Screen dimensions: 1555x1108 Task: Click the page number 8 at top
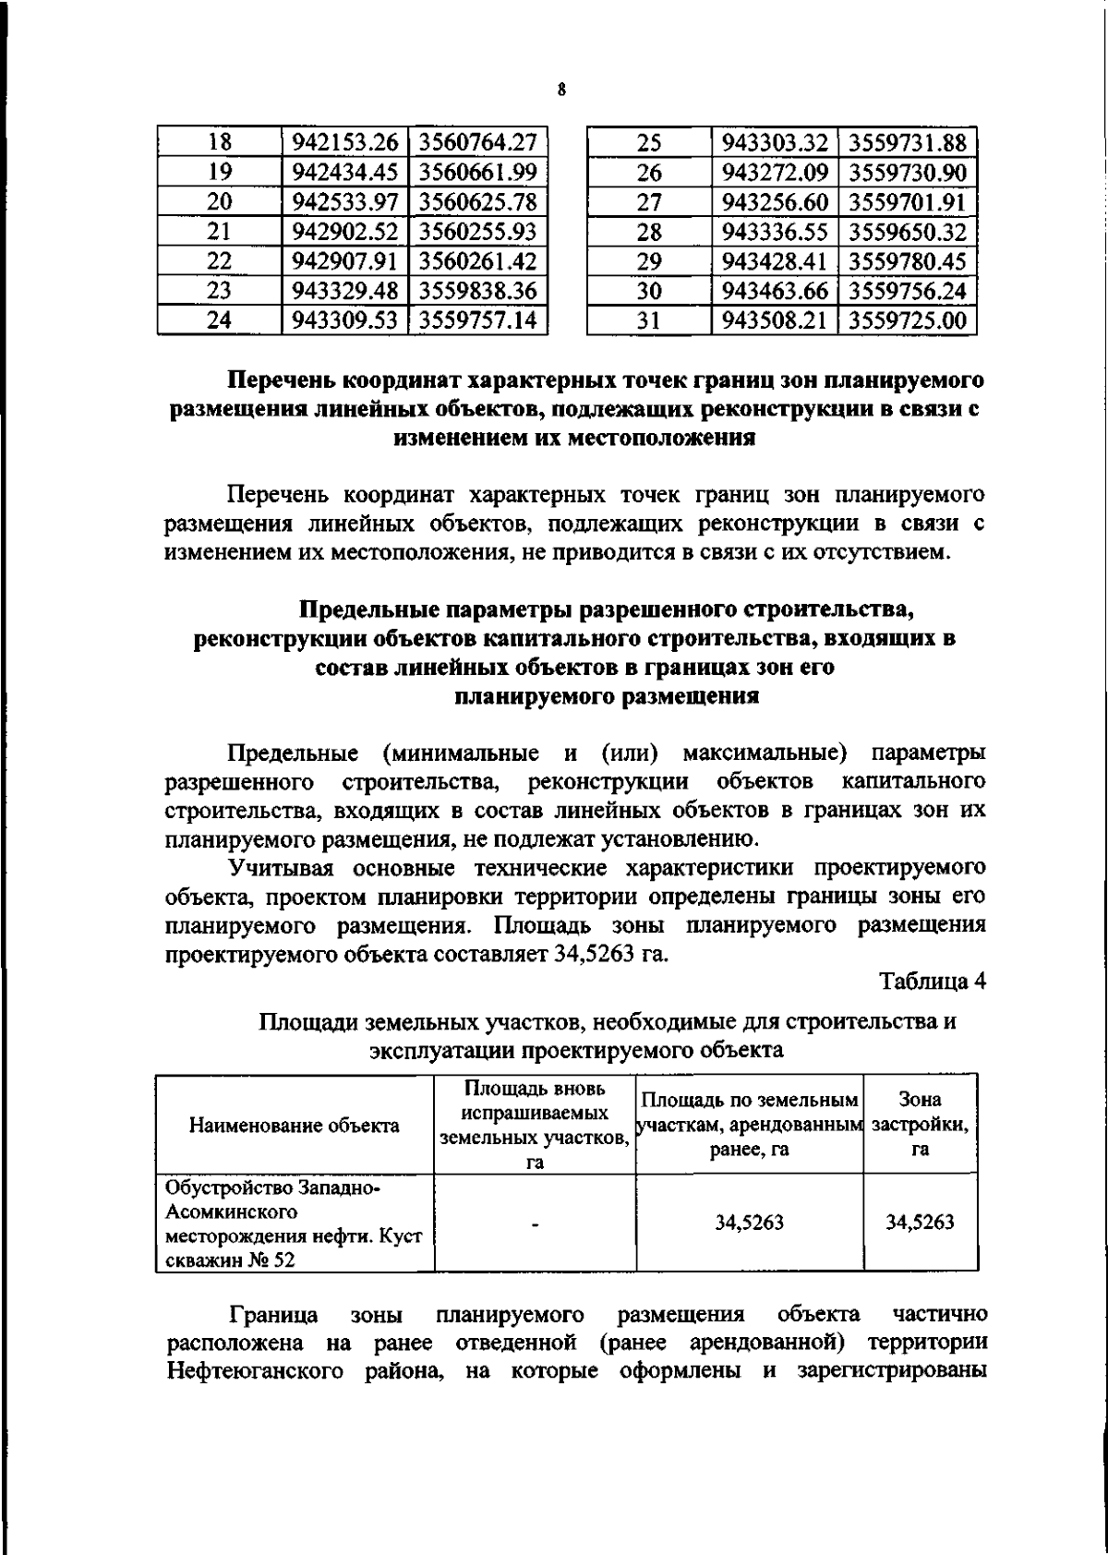click(560, 90)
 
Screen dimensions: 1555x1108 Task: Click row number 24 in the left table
click(219, 320)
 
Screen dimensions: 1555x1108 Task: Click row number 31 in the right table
click(650, 320)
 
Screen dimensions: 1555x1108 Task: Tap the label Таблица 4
click(933, 982)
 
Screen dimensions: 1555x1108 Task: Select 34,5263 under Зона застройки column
click(919, 1224)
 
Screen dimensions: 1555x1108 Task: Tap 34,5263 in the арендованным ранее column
click(749, 1224)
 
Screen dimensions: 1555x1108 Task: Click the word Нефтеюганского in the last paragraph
click(253, 1370)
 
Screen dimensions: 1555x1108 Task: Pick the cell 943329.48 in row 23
click(343, 291)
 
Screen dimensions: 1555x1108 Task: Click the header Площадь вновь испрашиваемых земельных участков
click(535, 1124)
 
